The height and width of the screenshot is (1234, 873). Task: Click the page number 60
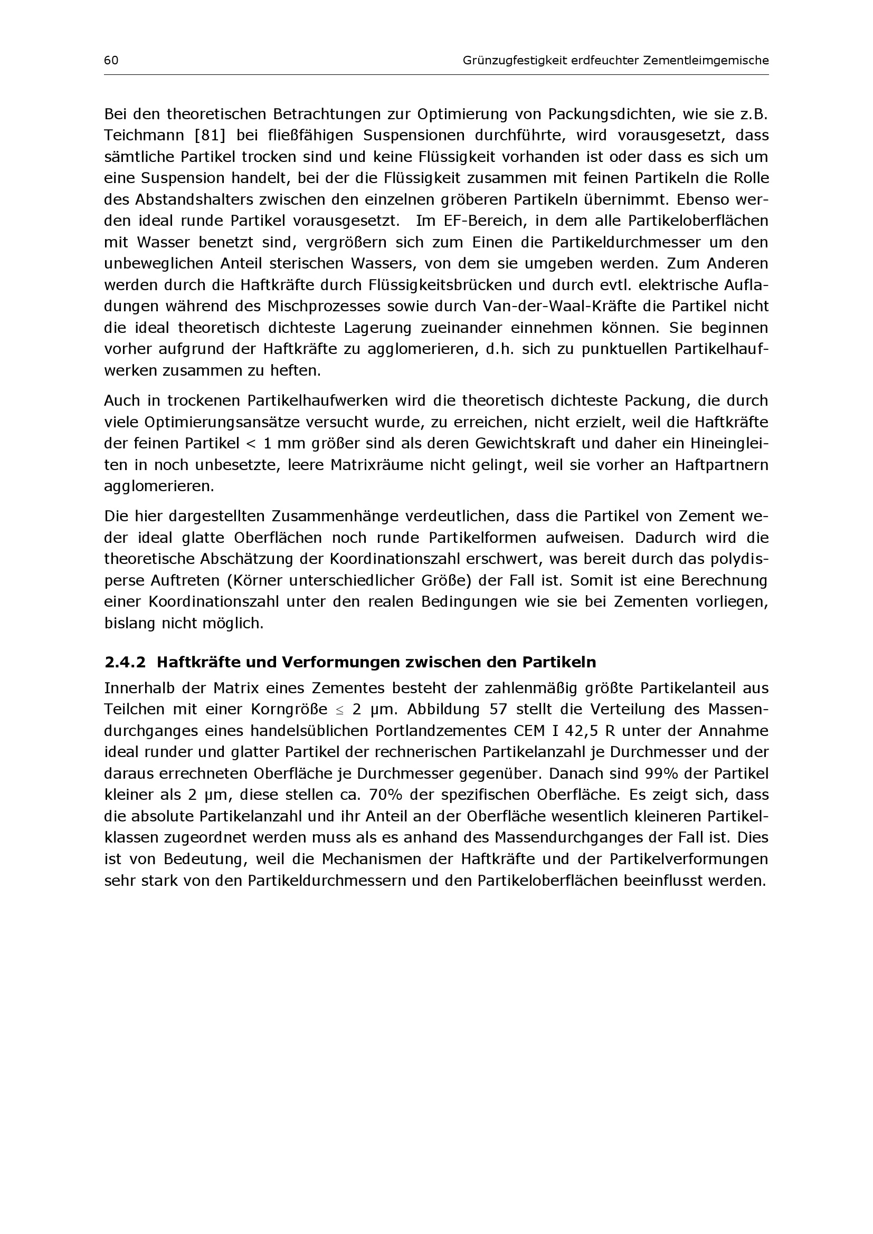[111, 61]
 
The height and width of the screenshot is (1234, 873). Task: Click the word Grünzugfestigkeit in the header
[515, 61]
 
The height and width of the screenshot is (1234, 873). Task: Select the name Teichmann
[144, 136]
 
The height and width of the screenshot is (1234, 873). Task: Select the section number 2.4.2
[125, 663]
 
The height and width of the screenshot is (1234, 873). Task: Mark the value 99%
[661, 774]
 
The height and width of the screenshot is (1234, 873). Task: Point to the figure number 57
[498, 710]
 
